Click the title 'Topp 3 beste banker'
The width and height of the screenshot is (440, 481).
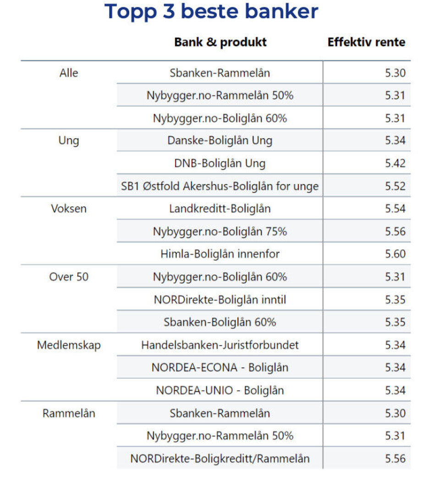pyautogui.click(x=211, y=12)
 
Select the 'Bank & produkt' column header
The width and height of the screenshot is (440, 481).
pyautogui.click(x=220, y=43)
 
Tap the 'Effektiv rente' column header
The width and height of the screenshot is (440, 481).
pyautogui.click(x=366, y=43)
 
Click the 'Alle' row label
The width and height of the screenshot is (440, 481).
pyautogui.click(x=69, y=73)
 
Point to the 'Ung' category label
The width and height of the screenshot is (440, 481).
pyautogui.click(x=69, y=140)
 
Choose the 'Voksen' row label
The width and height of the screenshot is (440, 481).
pyautogui.click(x=69, y=209)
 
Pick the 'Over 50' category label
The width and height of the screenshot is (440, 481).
pyautogui.click(x=69, y=277)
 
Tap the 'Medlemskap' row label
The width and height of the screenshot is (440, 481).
pyautogui.click(x=69, y=345)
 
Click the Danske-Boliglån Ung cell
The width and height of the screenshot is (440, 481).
pyautogui.click(x=220, y=140)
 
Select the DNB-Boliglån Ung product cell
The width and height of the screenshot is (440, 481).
pyautogui.click(x=220, y=163)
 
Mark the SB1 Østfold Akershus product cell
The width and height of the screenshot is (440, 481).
pyautogui.click(x=220, y=186)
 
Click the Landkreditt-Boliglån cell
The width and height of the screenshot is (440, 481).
pyautogui.click(x=220, y=209)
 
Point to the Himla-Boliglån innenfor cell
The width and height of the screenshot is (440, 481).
pyautogui.click(x=220, y=254)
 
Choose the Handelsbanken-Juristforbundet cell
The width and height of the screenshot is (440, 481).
pyautogui.click(x=220, y=345)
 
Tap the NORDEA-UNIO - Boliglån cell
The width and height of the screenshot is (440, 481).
pyautogui.click(x=220, y=391)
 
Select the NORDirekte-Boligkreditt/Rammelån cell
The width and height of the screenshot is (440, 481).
pyautogui.click(x=220, y=459)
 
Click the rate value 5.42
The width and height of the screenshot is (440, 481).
pyautogui.click(x=395, y=163)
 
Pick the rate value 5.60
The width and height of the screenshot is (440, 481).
pyautogui.click(x=395, y=254)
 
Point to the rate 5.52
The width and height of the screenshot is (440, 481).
pyautogui.click(x=395, y=186)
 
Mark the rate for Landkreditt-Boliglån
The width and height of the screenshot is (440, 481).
pyautogui.click(x=395, y=209)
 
